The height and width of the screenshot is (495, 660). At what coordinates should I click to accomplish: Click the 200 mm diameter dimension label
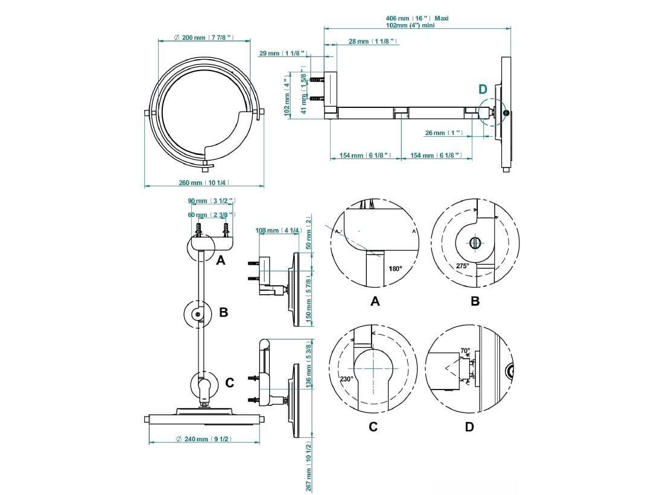(205, 38)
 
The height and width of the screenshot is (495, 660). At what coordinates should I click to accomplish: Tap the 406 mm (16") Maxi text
(417, 18)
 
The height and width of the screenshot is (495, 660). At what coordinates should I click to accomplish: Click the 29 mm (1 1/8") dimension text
(282, 54)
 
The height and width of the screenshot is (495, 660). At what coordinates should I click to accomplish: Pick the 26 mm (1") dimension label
(443, 133)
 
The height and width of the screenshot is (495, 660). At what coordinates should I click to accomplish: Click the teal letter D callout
(483, 89)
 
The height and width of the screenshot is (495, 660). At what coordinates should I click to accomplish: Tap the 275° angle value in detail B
(463, 265)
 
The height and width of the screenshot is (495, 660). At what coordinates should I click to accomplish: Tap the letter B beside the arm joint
(223, 312)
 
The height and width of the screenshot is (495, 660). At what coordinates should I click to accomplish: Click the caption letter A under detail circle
(375, 301)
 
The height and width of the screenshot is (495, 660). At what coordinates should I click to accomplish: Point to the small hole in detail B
(475, 243)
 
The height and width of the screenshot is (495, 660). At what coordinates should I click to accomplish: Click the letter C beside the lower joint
(229, 382)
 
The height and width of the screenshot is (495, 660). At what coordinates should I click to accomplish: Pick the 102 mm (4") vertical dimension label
(287, 96)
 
